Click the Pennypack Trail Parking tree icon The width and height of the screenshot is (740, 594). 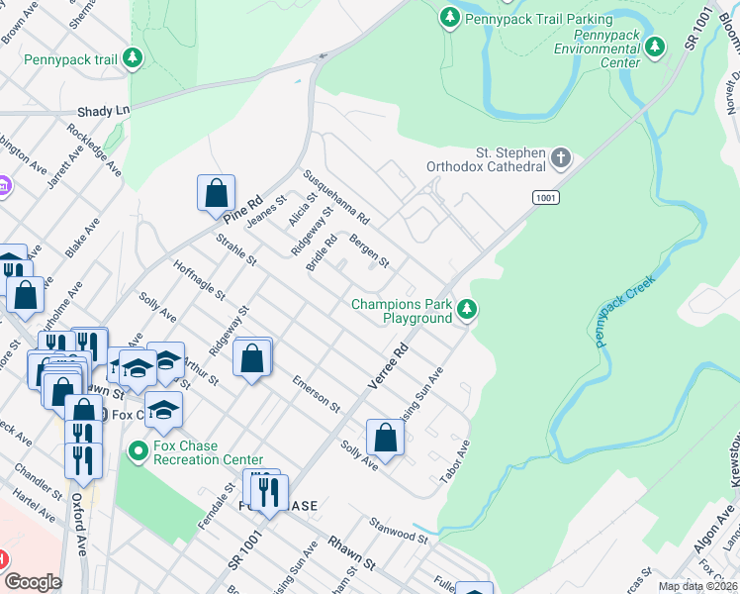point(450,18)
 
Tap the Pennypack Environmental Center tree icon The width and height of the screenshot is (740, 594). point(654,46)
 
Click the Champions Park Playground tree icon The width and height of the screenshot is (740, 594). point(467,311)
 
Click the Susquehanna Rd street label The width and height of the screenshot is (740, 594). point(335,194)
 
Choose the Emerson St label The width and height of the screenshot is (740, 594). point(316,393)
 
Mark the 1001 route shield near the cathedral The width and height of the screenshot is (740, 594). point(545,198)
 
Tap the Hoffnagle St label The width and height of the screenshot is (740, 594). point(199,281)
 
